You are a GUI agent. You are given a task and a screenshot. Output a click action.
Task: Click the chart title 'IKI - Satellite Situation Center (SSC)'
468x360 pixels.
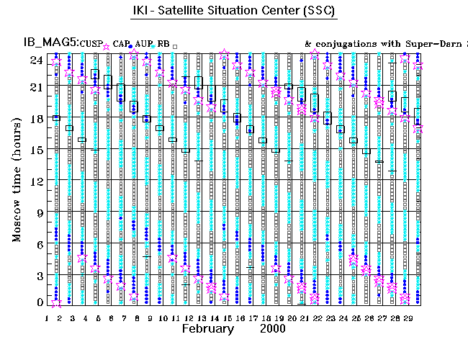[x=234, y=11]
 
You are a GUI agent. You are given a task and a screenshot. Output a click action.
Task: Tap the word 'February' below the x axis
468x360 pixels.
[x=208, y=328]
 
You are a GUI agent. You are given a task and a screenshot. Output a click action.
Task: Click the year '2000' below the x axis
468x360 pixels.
[x=274, y=328]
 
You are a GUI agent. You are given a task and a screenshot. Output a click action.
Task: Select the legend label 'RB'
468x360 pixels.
[x=163, y=44]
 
